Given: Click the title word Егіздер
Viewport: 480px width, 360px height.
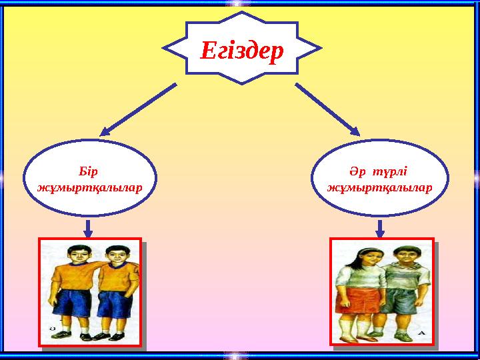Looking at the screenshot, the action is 242,51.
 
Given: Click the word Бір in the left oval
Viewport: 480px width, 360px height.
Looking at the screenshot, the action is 88,172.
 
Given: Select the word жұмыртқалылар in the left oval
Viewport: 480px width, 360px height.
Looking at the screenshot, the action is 90,188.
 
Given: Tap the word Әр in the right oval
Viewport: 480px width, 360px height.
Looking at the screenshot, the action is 357,172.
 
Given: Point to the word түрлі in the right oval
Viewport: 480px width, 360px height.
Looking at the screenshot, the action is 389,173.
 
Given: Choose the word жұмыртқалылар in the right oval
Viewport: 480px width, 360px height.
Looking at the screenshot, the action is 380,188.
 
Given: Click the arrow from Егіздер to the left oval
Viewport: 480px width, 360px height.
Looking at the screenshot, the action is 139,109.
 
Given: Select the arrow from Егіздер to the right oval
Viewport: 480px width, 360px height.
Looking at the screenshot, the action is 327,109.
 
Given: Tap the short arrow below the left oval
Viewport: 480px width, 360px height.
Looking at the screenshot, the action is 88,229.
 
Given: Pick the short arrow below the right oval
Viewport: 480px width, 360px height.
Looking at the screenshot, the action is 380,229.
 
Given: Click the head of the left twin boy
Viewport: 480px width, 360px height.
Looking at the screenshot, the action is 75,254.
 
